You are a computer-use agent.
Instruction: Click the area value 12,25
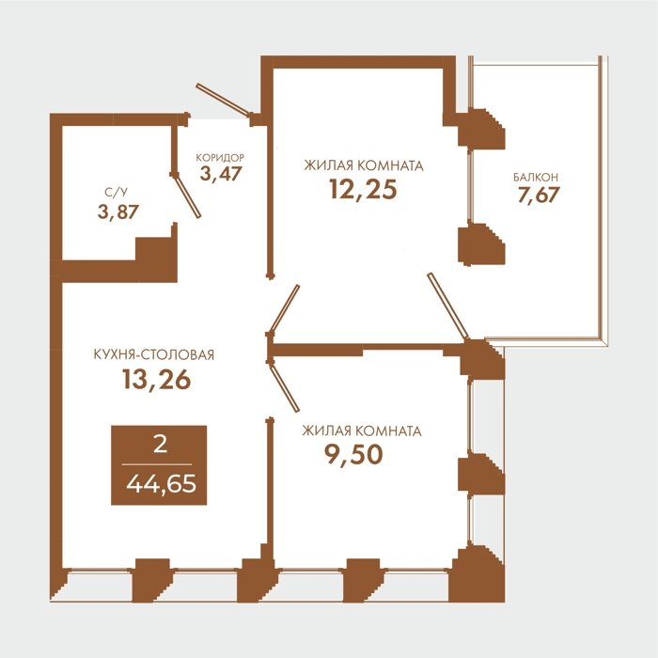[x=363, y=190]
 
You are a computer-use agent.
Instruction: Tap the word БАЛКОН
[x=536, y=177]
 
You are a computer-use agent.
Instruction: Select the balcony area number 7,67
[x=539, y=196]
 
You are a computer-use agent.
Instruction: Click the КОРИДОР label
[x=220, y=158]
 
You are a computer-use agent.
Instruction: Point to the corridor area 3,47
[x=221, y=174]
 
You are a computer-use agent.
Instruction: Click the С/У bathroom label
[x=116, y=193]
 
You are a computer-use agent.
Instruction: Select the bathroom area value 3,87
[x=117, y=211]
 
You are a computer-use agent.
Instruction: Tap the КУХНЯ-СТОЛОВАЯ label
[x=153, y=355]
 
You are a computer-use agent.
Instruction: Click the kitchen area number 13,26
[x=157, y=380]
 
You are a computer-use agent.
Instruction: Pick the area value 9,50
[x=353, y=454]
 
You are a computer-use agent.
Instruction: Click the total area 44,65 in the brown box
[x=161, y=484]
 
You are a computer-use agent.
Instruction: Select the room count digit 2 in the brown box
[x=161, y=445]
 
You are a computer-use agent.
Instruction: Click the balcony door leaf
[x=447, y=306]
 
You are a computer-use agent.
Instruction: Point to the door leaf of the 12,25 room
[x=285, y=309]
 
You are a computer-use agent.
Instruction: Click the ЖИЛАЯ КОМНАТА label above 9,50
[x=362, y=431]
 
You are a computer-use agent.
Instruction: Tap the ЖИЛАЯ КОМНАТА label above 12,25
[x=364, y=165]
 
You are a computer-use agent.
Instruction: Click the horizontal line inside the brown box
[x=157, y=464]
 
